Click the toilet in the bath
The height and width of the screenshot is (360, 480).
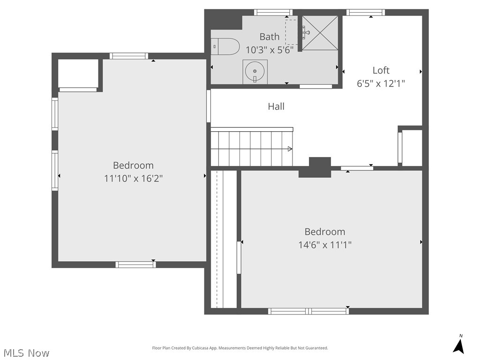point(225,46)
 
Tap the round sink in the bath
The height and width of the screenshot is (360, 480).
point(255,72)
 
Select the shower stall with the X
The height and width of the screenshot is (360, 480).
point(320,32)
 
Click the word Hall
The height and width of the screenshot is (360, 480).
point(276,106)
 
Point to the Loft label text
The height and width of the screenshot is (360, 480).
point(381,70)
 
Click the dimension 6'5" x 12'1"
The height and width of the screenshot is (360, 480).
point(381,83)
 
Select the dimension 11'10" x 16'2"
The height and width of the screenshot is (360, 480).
point(133,179)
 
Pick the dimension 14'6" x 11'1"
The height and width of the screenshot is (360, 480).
point(325,245)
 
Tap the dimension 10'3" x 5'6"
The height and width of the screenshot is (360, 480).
point(270,50)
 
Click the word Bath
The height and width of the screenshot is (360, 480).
point(270,37)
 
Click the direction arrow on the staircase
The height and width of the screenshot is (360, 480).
point(290,149)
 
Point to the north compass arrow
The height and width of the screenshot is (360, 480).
point(459,345)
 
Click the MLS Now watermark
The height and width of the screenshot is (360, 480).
point(26,352)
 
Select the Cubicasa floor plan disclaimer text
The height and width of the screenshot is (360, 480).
point(240,348)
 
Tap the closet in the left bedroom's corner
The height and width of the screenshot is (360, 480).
point(78,73)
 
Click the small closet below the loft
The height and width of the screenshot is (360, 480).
point(412,148)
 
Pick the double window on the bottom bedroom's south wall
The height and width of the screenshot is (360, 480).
point(308,311)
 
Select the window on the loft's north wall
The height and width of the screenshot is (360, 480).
point(366,13)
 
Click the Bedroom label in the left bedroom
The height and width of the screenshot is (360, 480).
point(133,165)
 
